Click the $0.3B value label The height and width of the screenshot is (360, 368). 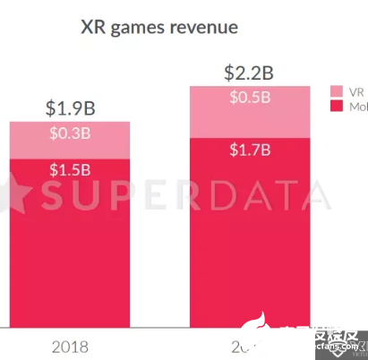coord(69,134)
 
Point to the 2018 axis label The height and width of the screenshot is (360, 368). coord(70,345)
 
